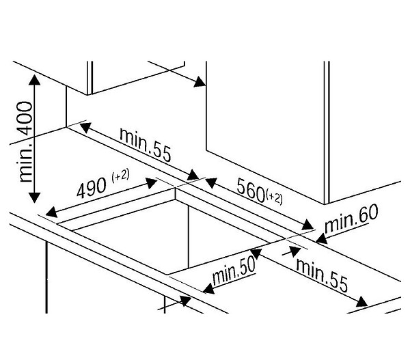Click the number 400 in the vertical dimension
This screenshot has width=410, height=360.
click(x=26, y=118)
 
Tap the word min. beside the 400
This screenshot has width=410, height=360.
click(x=26, y=161)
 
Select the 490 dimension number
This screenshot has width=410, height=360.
click(x=92, y=186)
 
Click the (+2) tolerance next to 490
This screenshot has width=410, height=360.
click(x=120, y=175)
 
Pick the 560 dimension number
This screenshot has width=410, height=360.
click(x=251, y=190)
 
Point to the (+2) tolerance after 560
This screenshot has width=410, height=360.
click(x=274, y=198)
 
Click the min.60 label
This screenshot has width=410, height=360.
click(x=351, y=219)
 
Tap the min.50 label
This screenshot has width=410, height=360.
click(x=234, y=271)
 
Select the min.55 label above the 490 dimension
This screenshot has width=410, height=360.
click(x=146, y=144)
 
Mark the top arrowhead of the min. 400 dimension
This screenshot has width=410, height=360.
click(x=35, y=80)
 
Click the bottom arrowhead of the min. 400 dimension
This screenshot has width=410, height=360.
click(x=34, y=197)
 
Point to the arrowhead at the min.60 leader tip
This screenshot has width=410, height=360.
click(x=322, y=239)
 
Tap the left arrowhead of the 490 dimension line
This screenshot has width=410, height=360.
click(x=51, y=212)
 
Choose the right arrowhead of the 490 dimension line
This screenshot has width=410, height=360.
click(x=151, y=183)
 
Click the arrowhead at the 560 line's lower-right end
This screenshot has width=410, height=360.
click(x=307, y=225)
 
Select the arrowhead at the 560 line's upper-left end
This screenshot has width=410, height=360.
click(x=211, y=183)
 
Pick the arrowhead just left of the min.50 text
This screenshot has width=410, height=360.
click(x=208, y=289)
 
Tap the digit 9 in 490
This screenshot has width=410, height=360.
click(x=92, y=187)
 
